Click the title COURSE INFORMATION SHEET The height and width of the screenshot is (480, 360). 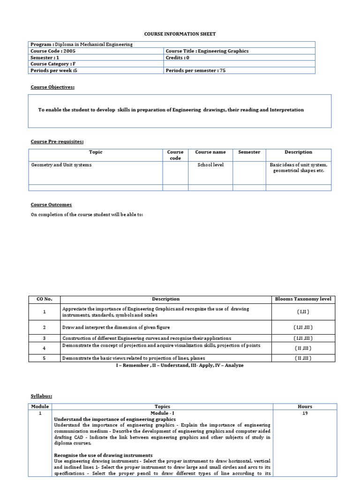click(x=180, y=34)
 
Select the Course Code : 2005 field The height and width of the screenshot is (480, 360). click(x=52, y=51)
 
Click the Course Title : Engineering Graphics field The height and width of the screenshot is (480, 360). click(x=207, y=51)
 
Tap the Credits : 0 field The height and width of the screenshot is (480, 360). click(x=177, y=58)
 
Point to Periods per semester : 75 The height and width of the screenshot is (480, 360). click(x=196, y=71)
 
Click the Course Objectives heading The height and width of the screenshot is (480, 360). click(x=52, y=87)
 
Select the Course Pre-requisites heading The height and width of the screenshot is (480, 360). click(x=57, y=142)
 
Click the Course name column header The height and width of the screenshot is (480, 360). click(x=210, y=152)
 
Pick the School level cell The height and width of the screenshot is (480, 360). click(x=210, y=165)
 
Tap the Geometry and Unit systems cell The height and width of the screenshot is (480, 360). click(x=61, y=165)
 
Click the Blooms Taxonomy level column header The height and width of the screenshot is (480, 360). click(x=302, y=299)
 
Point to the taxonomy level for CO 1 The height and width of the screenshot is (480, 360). click(x=302, y=312)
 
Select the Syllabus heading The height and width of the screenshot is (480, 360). click(x=41, y=396)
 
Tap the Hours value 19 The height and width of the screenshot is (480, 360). click(x=305, y=413)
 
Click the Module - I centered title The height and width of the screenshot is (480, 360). click(x=162, y=413)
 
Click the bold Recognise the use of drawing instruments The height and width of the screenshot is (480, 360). click(x=103, y=455)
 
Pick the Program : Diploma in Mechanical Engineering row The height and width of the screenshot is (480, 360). click(x=82, y=45)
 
